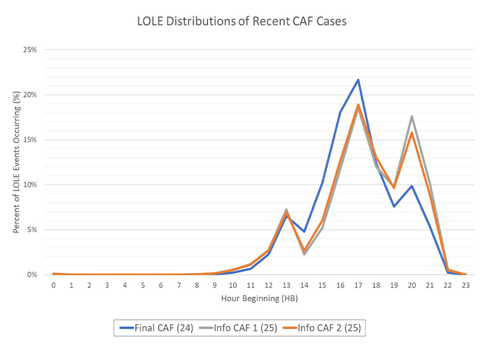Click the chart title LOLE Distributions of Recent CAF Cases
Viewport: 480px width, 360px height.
239,22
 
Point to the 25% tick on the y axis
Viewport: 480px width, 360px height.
30,50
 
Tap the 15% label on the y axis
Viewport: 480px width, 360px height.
30,140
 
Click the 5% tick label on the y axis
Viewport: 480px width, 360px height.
31,230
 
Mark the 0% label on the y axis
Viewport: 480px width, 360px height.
31,275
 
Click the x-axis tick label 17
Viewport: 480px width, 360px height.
359,286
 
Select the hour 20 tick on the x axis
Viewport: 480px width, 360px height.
413,286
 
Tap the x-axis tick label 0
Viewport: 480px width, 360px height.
53,286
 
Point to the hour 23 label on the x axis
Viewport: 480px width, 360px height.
466,286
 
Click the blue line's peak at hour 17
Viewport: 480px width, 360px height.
359,80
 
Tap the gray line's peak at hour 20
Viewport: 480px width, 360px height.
413,116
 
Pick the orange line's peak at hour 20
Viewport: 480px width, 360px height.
413,132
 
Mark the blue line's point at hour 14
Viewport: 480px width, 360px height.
305,232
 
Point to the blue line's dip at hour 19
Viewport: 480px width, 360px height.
395,207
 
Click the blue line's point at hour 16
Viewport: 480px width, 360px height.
341,111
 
